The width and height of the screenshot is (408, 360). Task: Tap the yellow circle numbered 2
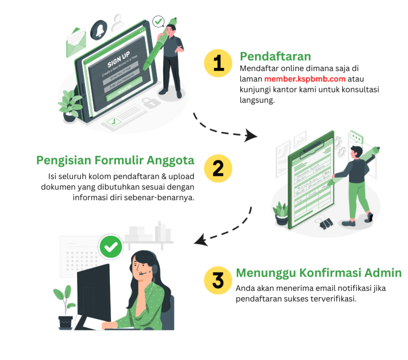[x=218, y=169]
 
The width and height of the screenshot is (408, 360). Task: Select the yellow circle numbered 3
[x=218, y=280]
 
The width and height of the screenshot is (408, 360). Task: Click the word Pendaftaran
[x=275, y=56]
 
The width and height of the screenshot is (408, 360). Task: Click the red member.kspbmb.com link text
[x=304, y=79]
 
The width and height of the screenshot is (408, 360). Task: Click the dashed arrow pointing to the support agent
[x=223, y=229]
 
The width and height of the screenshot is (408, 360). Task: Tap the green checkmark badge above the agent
[x=111, y=246]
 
